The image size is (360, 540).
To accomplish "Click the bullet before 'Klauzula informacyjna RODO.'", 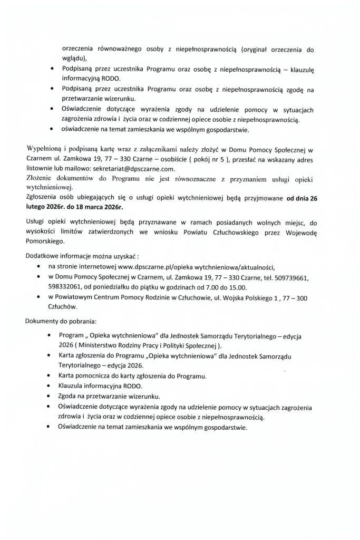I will click(50, 387).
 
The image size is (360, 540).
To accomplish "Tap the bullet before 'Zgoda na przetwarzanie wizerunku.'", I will click(50, 397).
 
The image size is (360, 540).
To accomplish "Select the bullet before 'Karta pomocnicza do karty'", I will click(50, 377).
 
